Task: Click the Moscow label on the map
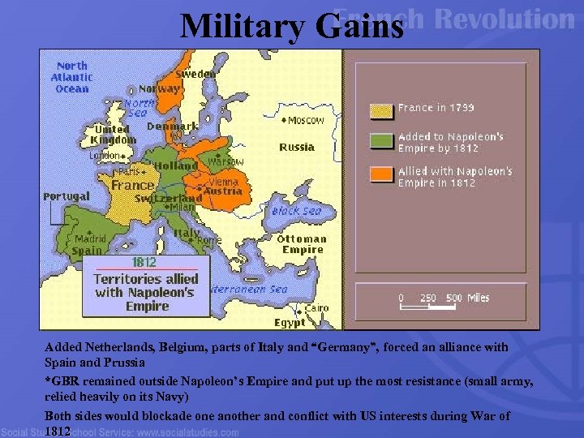[x=306, y=120]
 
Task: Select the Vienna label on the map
[x=223, y=182]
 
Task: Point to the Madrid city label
[x=90, y=239]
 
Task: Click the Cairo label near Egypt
[x=316, y=308]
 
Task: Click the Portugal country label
[x=67, y=197]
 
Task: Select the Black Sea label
[x=296, y=211]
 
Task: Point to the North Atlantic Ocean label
[x=72, y=77]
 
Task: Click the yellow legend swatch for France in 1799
[x=380, y=109]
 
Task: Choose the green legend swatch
[x=380, y=142]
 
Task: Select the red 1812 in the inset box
[x=144, y=263]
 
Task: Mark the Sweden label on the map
[x=196, y=74]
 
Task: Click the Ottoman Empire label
[x=302, y=244]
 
